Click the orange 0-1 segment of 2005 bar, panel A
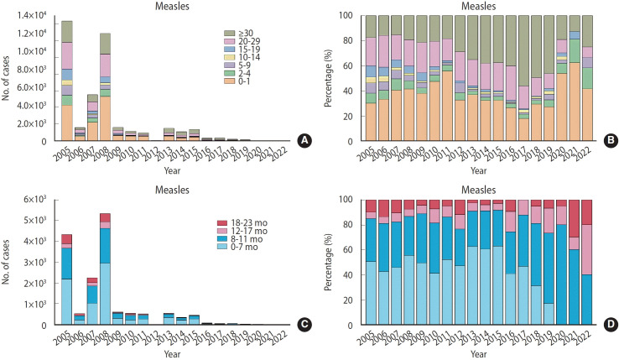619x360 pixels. click(67, 123)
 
